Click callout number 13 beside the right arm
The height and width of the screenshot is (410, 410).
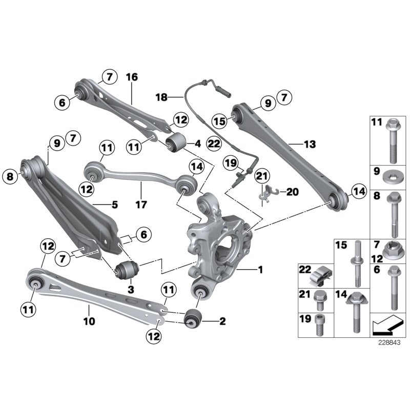tap(310, 145)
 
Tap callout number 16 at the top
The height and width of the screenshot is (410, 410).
tap(132, 77)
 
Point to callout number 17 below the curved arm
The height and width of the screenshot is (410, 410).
tap(141, 204)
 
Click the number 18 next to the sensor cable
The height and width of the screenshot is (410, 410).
tap(162, 96)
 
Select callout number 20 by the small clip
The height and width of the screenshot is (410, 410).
tap(292, 192)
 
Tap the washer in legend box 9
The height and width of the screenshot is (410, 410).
tap(395, 178)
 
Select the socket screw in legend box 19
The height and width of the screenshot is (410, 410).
tap(319, 326)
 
